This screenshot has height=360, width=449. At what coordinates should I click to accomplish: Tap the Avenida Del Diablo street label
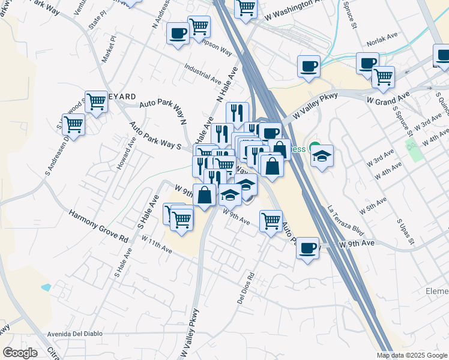[74, 334]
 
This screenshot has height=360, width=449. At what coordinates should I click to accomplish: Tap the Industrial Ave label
[203, 73]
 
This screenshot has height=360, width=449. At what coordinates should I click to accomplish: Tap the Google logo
[20, 353]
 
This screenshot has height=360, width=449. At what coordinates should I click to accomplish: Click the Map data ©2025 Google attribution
[411, 355]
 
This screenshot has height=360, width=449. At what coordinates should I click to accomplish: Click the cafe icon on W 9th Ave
[308, 247]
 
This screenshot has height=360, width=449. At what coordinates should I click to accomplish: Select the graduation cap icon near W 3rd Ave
[322, 157]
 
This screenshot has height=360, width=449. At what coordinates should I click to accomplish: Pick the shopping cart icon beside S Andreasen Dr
[73, 124]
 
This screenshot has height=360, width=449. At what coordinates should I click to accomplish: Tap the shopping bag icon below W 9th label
[205, 195]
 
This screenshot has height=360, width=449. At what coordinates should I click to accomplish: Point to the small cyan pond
[46, 287]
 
